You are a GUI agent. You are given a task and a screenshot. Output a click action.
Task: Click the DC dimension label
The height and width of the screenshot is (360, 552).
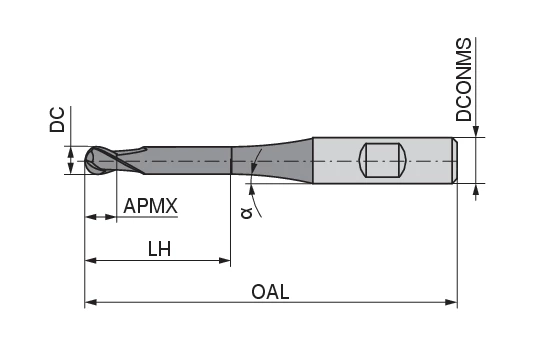57,120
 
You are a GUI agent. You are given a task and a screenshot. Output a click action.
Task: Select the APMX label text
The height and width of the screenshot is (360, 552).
150,206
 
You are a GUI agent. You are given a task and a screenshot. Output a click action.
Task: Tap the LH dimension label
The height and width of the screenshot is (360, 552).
159,249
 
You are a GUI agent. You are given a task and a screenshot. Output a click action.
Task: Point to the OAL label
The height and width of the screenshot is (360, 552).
270,292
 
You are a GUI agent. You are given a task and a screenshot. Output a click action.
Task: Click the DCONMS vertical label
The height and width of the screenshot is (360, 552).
463,80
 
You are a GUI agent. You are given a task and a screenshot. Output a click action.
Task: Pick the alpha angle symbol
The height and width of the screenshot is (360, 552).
247,213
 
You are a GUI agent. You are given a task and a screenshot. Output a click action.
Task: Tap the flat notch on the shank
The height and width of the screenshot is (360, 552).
383,160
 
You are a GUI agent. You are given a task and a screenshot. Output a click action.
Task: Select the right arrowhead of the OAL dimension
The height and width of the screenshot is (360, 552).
451,302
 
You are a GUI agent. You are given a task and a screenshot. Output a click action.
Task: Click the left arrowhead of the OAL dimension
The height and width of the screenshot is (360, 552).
91,302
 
